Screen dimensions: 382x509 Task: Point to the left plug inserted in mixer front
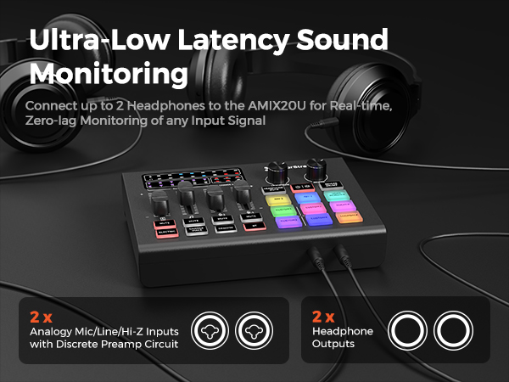(x=315, y=255)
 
